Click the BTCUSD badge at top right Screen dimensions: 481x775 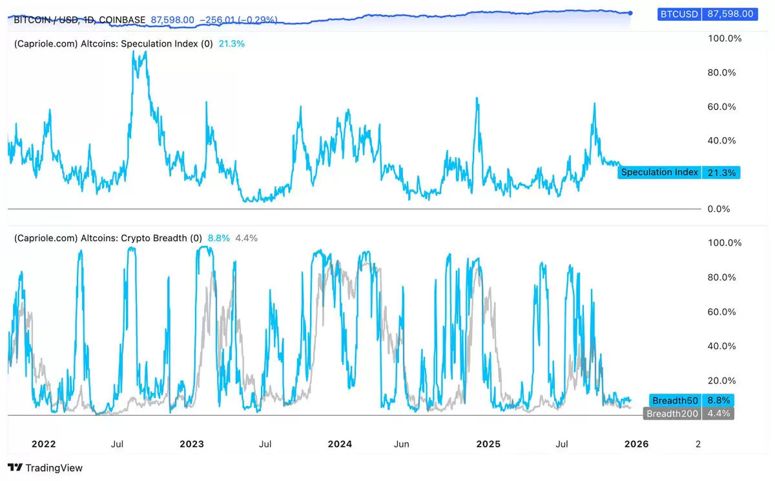click(x=680, y=13)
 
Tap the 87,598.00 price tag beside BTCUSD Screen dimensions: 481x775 click(x=730, y=13)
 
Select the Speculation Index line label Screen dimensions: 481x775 click(x=659, y=173)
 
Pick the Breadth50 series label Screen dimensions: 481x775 click(x=676, y=401)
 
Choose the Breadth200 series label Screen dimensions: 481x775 click(x=672, y=414)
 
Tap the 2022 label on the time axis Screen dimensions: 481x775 click(x=44, y=444)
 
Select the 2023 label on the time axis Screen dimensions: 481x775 click(x=192, y=444)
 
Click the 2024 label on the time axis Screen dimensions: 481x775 click(x=340, y=444)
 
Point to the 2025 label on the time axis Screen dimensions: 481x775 click(x=488, y=444)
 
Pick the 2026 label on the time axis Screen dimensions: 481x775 click(x=636, y=444)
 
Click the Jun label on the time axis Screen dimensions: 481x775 click(x=402, y=444)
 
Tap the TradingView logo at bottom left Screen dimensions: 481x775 click(x=45, y=467)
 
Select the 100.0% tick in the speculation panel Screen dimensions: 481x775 click(x=725, y=39)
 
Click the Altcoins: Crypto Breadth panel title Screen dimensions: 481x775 click(x=136, y=238)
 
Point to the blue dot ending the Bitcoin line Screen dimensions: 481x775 click(x=630, y=12)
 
